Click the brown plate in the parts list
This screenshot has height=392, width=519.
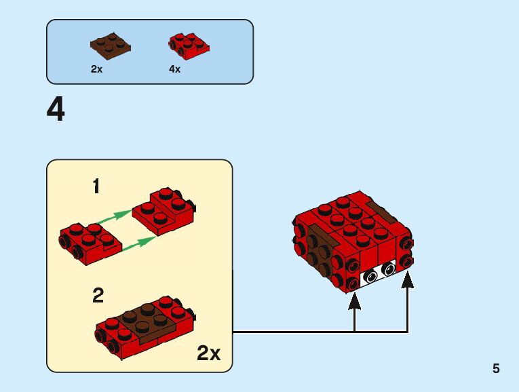click(x=110, y=45)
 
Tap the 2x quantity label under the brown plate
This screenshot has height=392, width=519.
click(x=96, y=69)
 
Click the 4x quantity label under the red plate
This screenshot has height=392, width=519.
click(x=175, y=69)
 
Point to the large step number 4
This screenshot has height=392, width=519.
click(x=56, y=110)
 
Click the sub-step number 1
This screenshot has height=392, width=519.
click(x=96, y=186)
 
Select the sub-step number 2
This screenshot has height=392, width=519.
click(x=98, y=296)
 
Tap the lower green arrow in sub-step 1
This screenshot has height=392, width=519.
click(x=138, y=243)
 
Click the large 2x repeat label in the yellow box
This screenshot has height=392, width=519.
click(x=208, y=353)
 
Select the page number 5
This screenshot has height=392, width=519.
click(x=496, y=369)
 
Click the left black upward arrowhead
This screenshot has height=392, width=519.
click(x=354, y=301)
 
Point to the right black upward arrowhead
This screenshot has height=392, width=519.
click(x=408, y=280)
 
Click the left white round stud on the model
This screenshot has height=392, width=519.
click(x=371, y=276)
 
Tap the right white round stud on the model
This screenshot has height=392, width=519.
click(x=388, y=269)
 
